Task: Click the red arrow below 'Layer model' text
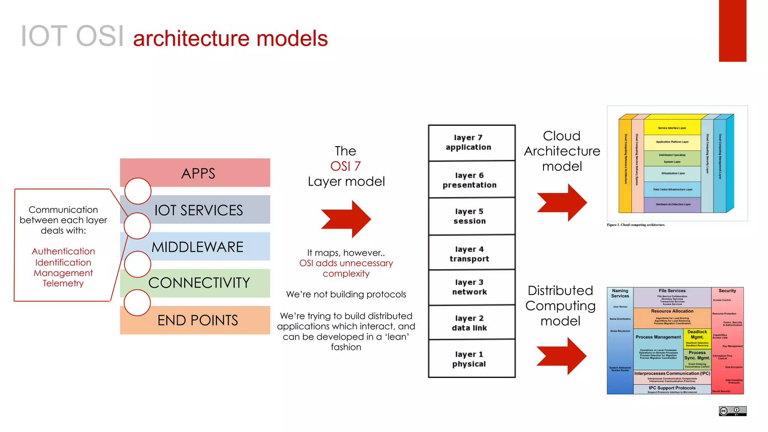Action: pyautogui.click(x=347, y=219)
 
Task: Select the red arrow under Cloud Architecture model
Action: pyautogui.click(x=562, y=202)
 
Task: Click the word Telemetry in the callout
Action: pyautogui.click(x=63, y=283)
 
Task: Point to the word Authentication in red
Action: pyautogui.click(x=63, y=251)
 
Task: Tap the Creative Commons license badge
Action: pyautogui.click(x=732, y=411)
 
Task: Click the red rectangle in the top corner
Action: pyautogui.click(x=732, y=31)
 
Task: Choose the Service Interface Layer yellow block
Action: pyautogui.click(x=672, y=127)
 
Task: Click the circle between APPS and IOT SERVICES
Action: pyautogui.click(x=138, y=191)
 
